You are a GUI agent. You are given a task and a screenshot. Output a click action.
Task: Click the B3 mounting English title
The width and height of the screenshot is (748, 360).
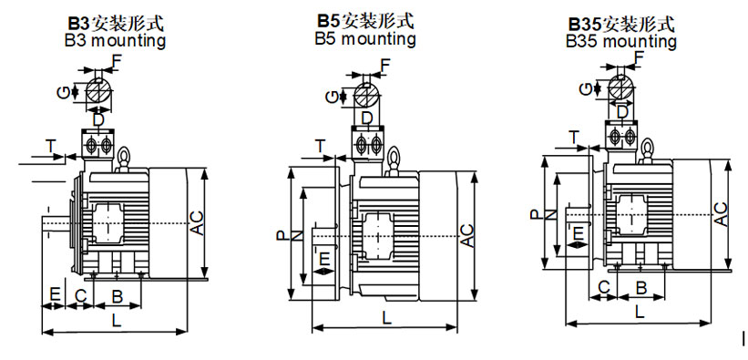click(116, 40)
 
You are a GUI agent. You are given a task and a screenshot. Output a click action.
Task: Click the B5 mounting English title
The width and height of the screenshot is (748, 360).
click(365, 38)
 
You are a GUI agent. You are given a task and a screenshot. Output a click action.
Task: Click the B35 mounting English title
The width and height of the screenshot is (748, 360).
click(621, 41)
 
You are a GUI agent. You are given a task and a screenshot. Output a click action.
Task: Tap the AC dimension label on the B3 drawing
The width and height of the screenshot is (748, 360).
click(197, 222)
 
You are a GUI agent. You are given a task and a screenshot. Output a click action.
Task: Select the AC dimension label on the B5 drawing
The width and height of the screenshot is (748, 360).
click(467, 235)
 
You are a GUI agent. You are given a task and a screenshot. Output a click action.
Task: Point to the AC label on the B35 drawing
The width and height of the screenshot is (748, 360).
click(721, 214)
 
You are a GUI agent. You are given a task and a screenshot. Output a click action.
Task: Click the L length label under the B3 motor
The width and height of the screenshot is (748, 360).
click(116, 320)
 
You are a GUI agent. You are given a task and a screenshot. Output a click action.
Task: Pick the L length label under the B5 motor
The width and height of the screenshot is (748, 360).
click(386, 317)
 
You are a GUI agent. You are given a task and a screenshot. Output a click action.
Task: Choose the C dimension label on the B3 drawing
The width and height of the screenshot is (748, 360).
click(81, 296)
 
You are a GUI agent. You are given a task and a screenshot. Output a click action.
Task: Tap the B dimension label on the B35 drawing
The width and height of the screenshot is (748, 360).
click(641, 288)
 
